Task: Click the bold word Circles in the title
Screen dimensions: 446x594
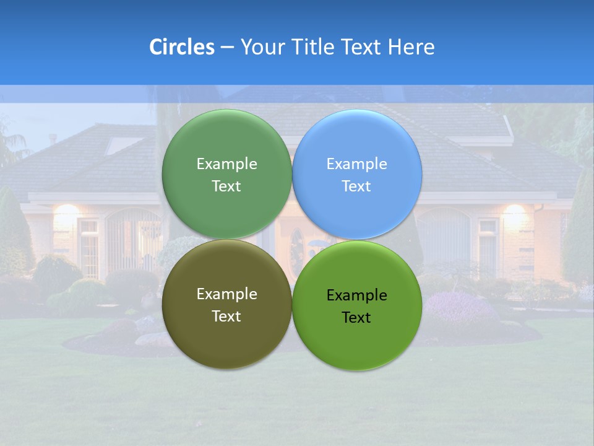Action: [x=182, y=46]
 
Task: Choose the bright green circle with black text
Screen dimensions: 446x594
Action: [x=356, y=344]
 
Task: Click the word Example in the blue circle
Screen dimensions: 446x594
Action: [x=356, y=164]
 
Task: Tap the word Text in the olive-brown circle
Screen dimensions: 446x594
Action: [x=226, y=316]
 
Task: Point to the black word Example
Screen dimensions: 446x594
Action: [x=356, y=295]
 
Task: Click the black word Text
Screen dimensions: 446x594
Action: [x=356, y=317]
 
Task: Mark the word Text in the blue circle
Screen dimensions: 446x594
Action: [x=356, y=186]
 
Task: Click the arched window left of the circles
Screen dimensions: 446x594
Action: [x=133, y=238]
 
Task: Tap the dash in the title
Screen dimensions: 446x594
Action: [x=227, y=46]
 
